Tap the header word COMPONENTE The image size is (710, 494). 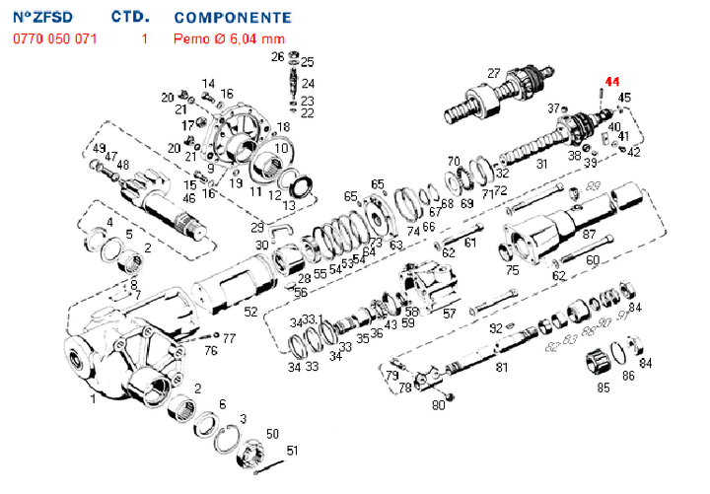tap(232, 17)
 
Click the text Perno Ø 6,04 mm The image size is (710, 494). tap(229, 38)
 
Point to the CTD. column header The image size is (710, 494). tap(130, 17)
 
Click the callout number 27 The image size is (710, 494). tap(494, 72)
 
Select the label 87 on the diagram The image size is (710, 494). tap(590, 235)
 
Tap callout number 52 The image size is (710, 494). tap(251, 312)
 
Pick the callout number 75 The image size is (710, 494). tap(512, 270)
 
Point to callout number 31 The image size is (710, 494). tap(540, 164)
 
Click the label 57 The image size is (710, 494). tap(450, 314)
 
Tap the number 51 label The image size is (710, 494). tap(291, 451)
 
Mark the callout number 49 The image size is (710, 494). tap(99, 149)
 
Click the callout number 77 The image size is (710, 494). tap(230, 338)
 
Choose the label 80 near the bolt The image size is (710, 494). tap(439, 404)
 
